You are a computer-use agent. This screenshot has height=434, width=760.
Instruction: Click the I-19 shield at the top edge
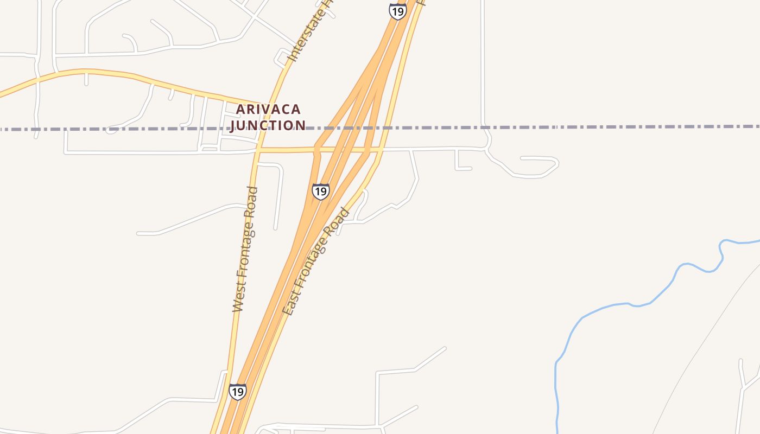tap(398, 11)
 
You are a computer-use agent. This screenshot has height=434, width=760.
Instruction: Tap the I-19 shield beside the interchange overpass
tap(320, 192)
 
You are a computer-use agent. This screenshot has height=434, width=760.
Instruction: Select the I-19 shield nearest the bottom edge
tap(237, 392)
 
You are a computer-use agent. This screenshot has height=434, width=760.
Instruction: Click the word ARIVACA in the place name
tap(268, 110)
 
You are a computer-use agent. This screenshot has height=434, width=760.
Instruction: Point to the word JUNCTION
tap(268, 125)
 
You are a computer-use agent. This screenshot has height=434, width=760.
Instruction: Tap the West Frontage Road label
tap(245, 249)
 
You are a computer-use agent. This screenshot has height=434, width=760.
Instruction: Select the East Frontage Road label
tap(316, 261)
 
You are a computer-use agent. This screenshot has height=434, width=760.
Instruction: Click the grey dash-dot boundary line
tap(597, 127)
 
